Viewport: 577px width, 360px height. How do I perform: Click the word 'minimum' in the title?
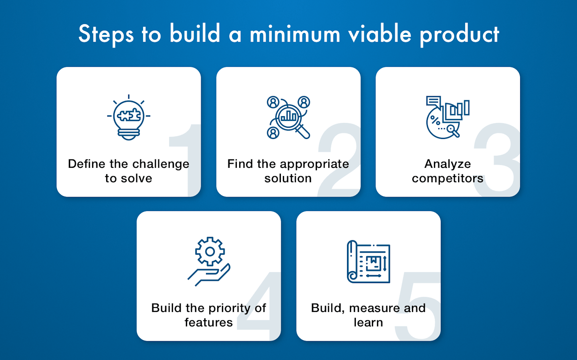tap(295, 34)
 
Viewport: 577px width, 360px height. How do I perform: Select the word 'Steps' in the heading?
tap(106, 34)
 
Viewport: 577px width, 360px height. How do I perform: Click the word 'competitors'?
tap(448, 179)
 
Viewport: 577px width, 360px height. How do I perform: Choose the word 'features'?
tap(208, 322)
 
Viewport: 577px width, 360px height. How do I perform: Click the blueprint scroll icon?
tap(368, 262)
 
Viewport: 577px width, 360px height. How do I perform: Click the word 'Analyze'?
tap(448, 164)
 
